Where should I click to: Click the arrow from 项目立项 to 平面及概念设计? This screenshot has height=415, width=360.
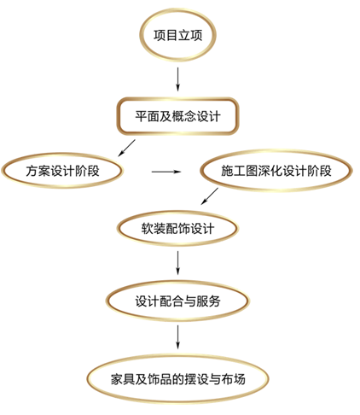[x=178, y=79]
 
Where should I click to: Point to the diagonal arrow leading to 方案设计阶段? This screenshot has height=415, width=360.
[x=126, y=148]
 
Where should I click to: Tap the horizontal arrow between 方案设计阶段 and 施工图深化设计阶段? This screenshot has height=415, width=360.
[x=166, y=172]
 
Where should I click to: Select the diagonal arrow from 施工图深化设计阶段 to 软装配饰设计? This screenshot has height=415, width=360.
[x=210, y=196]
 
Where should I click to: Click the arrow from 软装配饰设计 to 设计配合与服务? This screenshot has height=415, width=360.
[x=178, y=263]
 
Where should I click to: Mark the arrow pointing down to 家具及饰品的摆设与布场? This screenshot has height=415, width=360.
[x=178, y=337]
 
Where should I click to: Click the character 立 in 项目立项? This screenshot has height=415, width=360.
[x=184, y=35]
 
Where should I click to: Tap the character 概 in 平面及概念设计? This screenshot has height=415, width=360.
[x=177, y=116]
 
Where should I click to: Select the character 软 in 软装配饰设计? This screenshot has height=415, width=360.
[x=148, y=229]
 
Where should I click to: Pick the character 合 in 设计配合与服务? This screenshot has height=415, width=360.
[x=177, y=301]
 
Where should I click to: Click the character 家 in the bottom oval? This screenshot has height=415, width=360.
[x=117, y=379]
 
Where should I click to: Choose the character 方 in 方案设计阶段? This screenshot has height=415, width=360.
[x=32, y=171]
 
